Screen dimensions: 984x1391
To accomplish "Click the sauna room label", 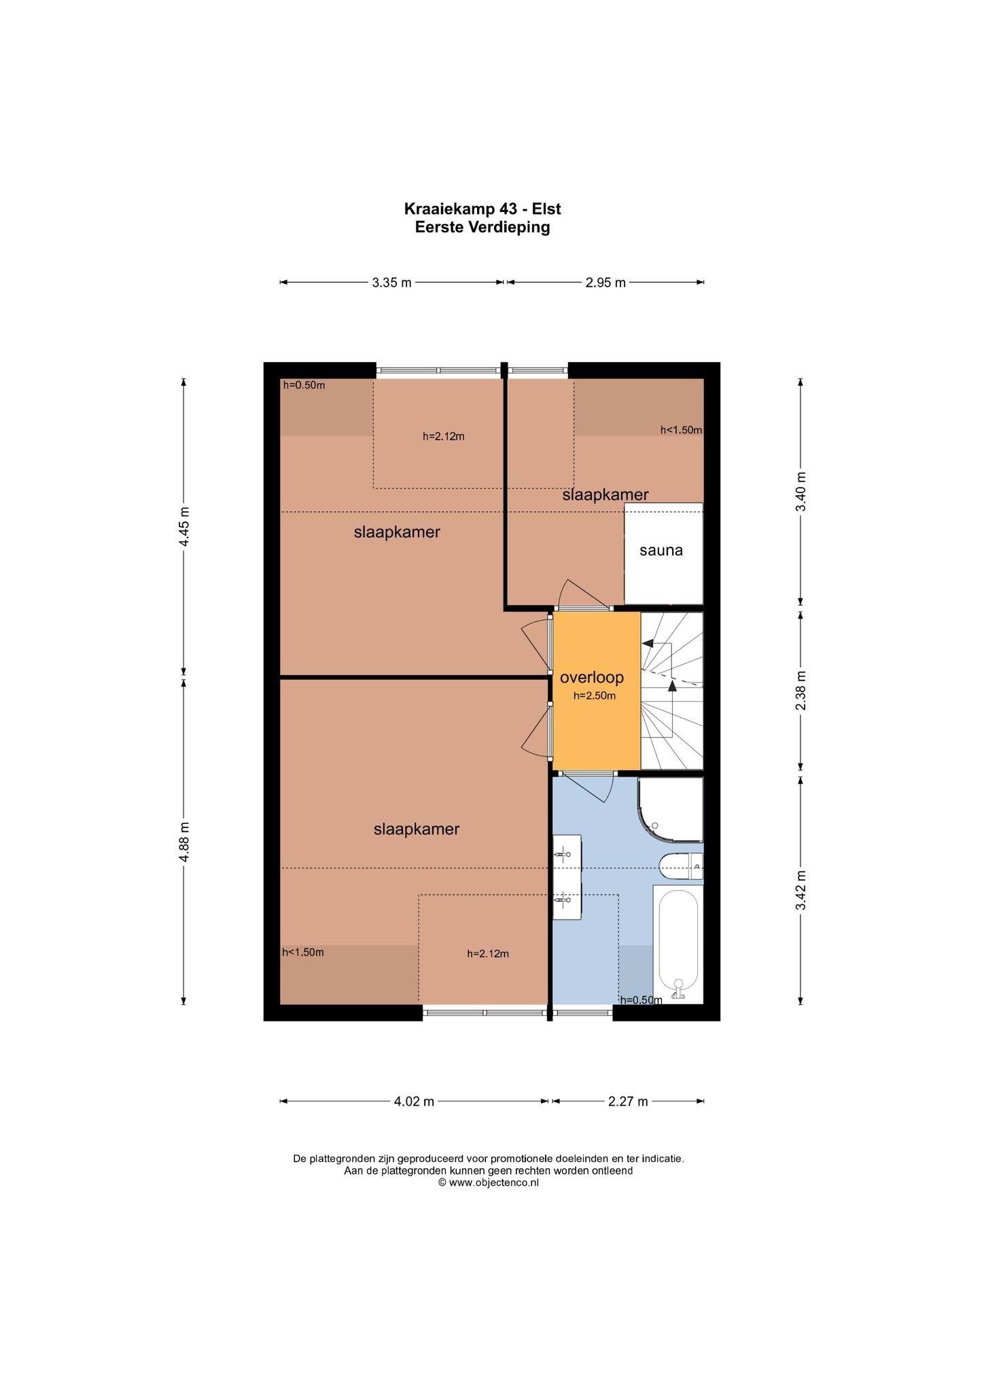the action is coord(661,550).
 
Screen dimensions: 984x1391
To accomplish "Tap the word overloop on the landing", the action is coord(591,677).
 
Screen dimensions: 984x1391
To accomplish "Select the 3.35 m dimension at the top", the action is coord(391,283).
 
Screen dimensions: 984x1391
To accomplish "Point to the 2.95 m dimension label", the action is coord(605,283).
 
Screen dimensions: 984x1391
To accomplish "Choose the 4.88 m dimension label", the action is coord(184,842).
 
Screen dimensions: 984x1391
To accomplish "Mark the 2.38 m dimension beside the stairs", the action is coord(801,691).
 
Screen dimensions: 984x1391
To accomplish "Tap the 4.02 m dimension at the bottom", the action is coord(414,1101).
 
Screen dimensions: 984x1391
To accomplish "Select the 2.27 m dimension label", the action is coord(628,1101).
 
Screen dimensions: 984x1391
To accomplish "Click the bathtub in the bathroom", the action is coord(678,943).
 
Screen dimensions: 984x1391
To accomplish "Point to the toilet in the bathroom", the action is coord(681,865).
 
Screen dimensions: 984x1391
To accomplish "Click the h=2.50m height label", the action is coord(595,695).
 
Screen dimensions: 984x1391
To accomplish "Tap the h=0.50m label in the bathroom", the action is coord(641,1000).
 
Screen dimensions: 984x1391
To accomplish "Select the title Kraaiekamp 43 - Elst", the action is coord(482,209).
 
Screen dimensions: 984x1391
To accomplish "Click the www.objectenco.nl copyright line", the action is coord(489,1182).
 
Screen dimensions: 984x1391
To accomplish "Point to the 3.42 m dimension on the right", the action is coord(801,890).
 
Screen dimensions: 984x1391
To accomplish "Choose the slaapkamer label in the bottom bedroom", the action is coord(417,829).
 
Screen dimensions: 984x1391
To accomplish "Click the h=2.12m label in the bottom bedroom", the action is coord(488,954).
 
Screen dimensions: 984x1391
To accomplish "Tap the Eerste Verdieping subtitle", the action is coord(482,228).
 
